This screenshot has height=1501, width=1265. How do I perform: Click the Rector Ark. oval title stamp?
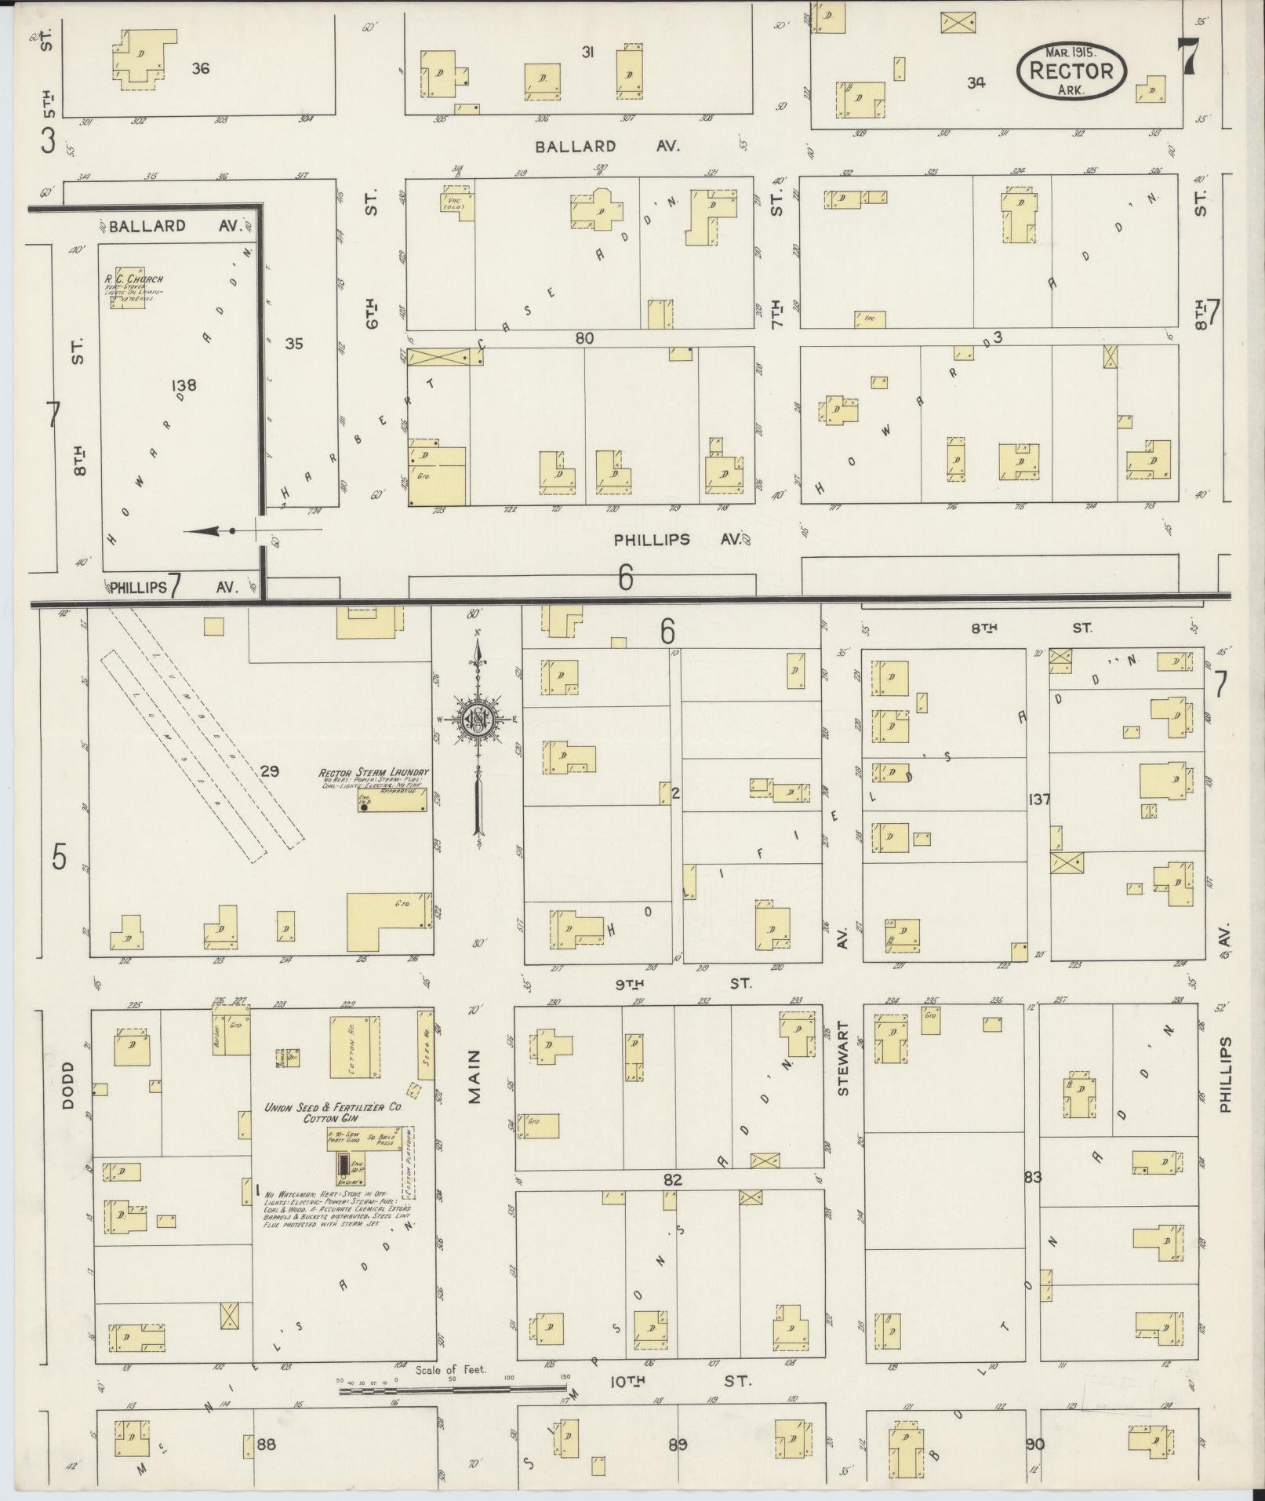tap(1071, 71)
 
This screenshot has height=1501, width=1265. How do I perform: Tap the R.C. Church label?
tap(133, 279)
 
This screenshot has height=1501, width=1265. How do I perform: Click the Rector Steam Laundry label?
tap(373, 773)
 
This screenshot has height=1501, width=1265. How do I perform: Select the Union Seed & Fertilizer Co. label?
tap(333, 1107)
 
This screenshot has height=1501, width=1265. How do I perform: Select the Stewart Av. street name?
tap(843, 1058)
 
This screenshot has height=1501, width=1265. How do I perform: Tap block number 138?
tap(182, 385)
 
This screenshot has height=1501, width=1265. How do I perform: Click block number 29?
tap(269, 771)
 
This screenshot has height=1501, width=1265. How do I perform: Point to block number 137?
tap(1039, 800)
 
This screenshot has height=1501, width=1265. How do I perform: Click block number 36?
tap(201, 68)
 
